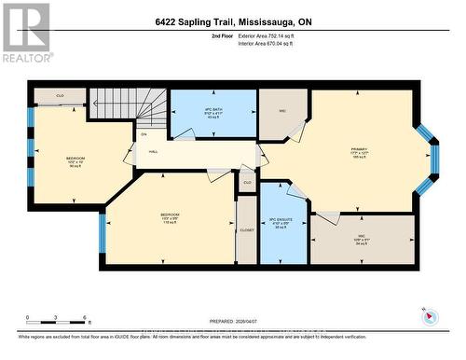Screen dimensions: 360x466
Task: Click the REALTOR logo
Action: click(25, 32)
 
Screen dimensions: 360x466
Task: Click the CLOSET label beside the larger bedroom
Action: click(247, 228)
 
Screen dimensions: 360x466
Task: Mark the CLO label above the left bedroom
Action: click(59, 95)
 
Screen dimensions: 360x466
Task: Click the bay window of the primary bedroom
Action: click(426, 159)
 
